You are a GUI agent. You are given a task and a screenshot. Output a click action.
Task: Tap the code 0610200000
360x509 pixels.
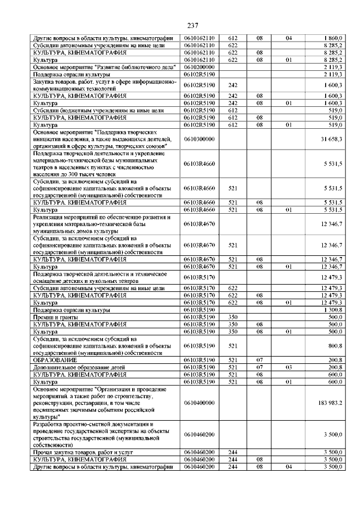click(201, 67)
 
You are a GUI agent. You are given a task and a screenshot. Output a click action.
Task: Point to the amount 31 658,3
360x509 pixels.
click(331, 139)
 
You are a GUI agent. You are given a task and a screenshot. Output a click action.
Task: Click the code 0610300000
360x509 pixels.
click(201, 139)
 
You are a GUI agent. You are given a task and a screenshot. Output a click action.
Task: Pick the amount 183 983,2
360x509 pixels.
click(330, 403)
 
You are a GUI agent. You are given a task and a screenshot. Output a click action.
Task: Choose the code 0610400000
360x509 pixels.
click(201, 403)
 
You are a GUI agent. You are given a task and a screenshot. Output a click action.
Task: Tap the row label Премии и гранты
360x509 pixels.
click(55, 317)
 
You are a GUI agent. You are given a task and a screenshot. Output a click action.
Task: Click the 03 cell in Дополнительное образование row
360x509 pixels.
click(289, 367)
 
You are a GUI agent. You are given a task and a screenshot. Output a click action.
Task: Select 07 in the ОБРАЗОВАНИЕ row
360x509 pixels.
click(260, 359)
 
